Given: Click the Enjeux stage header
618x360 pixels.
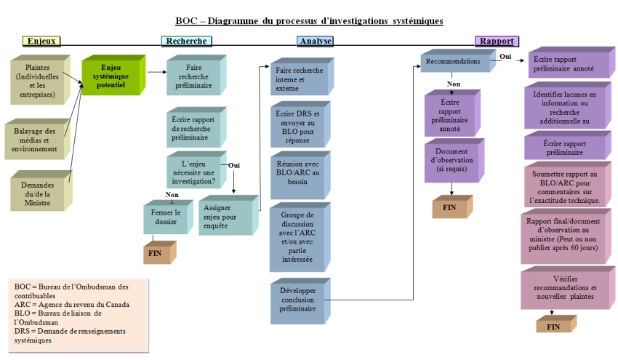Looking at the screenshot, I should pyautogui.click(x=41, y=41).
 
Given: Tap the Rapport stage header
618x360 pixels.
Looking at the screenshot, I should pyautogui.click(x=497, y=41).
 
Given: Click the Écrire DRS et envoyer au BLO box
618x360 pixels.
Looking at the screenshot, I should pyautogui.click(x=298, y=127).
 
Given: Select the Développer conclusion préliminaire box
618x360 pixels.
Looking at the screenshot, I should pyautogui.click(x=298, y=299).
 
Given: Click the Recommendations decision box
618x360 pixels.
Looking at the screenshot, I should pyautogui.click(x=453, y=62).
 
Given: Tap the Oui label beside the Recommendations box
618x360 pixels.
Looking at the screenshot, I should pyautogui.click(x=505, y=55).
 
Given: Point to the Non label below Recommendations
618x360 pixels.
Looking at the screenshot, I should pyautogui.click(x=454, y=84).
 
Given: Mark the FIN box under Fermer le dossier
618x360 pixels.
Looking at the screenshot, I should pyautogui.click(x=157, y=252).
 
